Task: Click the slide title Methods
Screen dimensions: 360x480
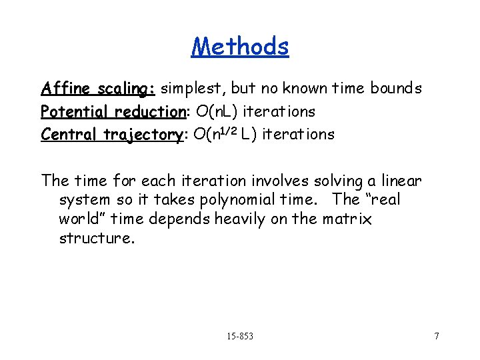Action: [240, 46]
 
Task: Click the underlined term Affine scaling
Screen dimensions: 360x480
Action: [98, 89]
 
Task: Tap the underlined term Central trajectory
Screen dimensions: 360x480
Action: [111, 134]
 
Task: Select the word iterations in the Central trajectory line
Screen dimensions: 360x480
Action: [299, 134]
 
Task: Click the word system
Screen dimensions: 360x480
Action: [82, 200]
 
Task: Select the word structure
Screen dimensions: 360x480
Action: [96, 239]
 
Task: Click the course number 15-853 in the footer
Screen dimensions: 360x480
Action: [239, 336]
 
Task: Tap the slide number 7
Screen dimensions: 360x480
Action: [437, 336]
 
